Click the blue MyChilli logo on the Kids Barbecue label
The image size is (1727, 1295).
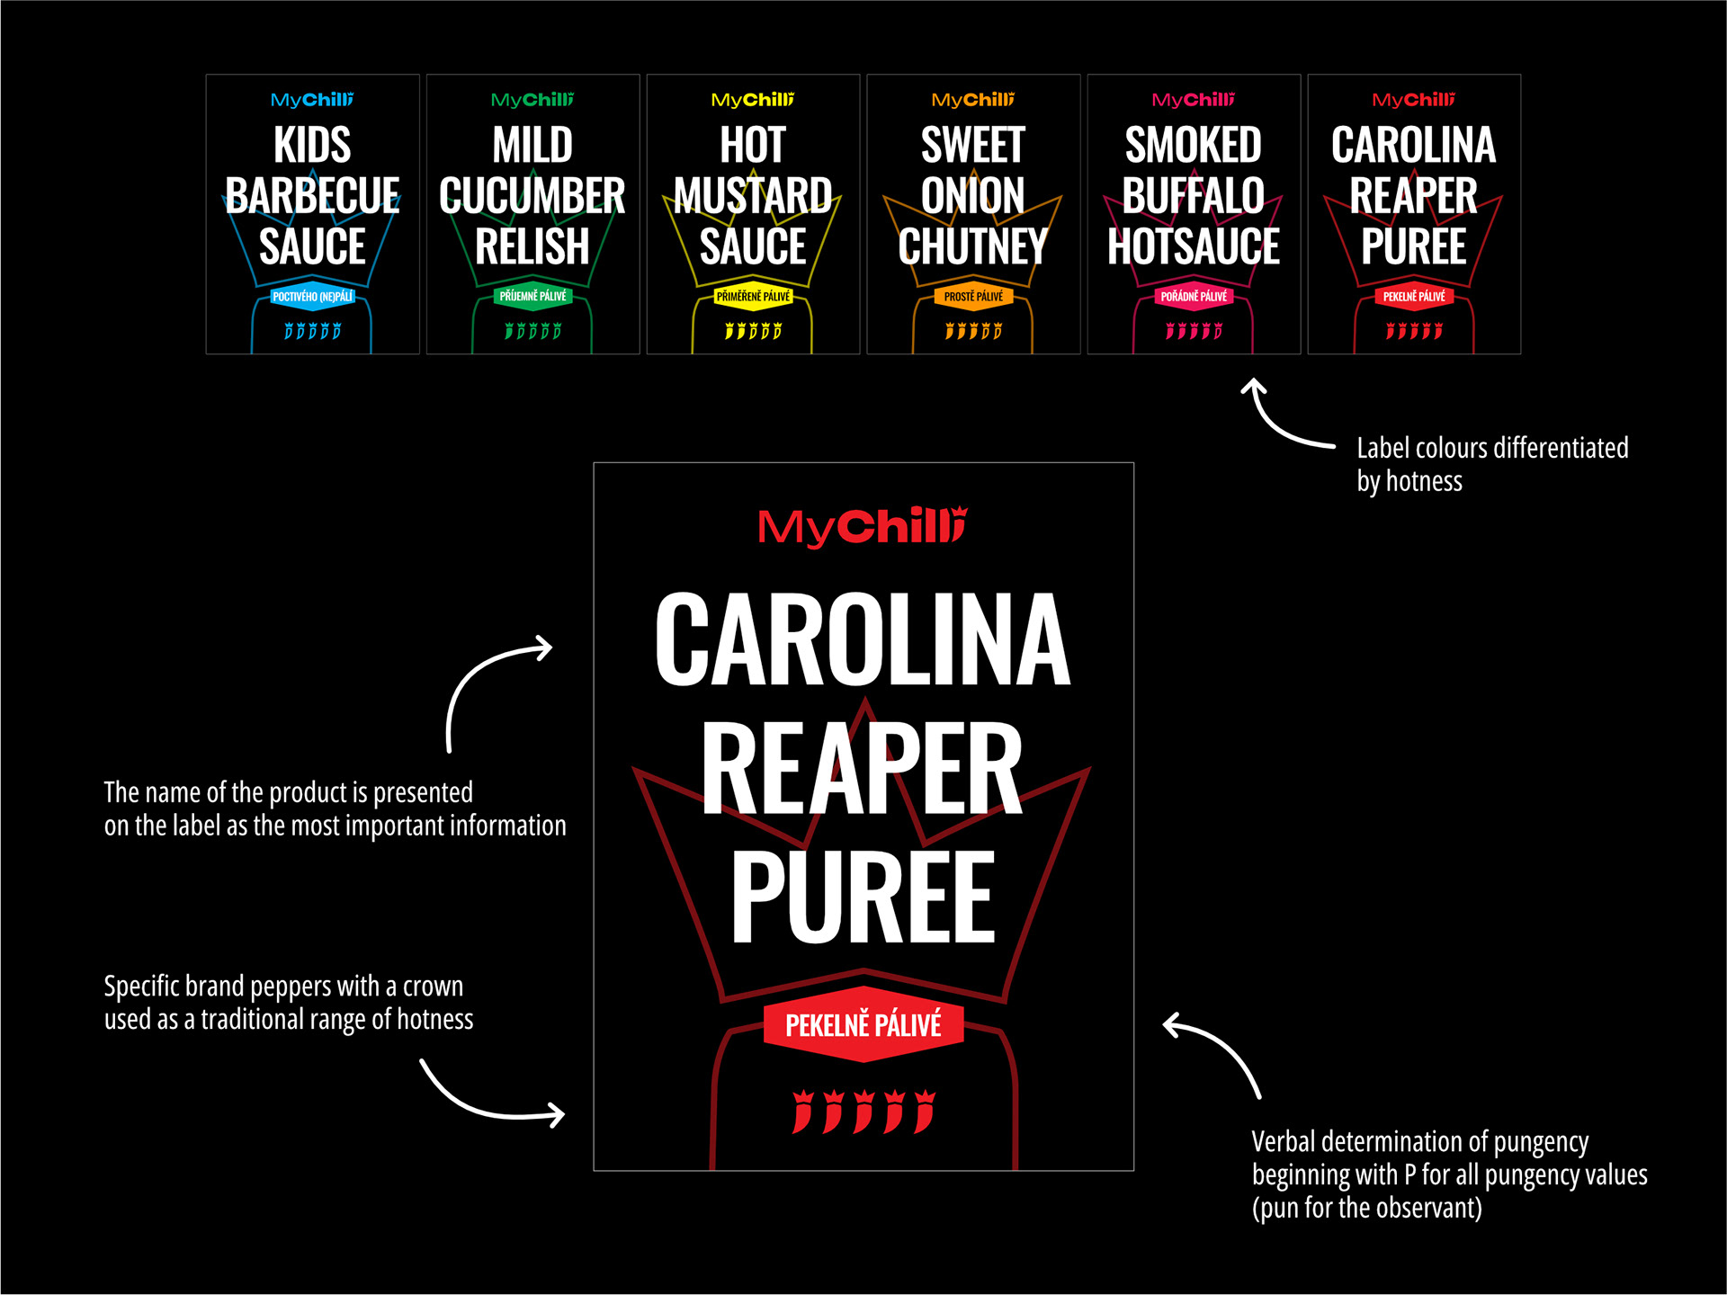(x=312, y=100)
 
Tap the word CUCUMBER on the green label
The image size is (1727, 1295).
(x=532, y=196)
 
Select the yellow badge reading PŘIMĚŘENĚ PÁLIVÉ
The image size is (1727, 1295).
(x=753, y=297)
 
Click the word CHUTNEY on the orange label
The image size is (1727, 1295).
(x=973, y=246)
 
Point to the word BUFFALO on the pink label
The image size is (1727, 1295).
(x=1194, y=196)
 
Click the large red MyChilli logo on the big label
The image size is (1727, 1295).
(x=862, y=527)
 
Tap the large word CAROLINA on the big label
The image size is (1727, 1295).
(x=863, y=640)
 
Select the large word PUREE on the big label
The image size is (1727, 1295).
(x=863, y=898)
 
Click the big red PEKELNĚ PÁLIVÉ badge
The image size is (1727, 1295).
(x=863, y=1025)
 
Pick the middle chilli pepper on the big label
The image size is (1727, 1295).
(x=863, y=1112)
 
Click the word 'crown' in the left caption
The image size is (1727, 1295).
(x=433, y=987)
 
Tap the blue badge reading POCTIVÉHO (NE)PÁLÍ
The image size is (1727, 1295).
(x=312, y=297)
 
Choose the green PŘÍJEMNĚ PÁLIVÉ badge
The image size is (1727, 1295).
(x=532, y=296)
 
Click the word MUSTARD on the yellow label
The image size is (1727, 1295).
(x=753, y=196)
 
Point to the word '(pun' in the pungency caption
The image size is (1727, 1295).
(x=1275, y=1208)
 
